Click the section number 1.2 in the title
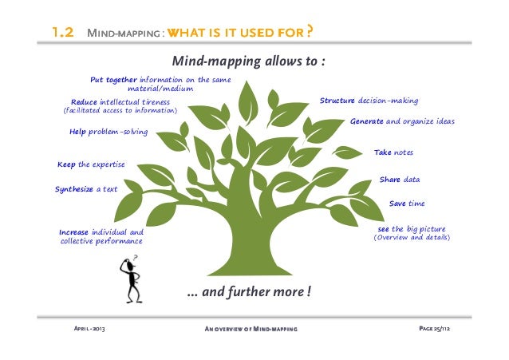click(x=63, y=34)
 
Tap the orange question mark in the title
click(x=308, y=32)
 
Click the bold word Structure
click(x=337, y=101)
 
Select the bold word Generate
click(x=367, y=121)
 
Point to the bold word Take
click(x=382, y=152)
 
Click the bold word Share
click(x=390, y=179)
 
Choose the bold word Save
click(x=397, y=204)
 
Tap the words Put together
click(x=113, y=80)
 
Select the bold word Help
click(x=77, y=132)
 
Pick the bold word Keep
click(x=66, y=164)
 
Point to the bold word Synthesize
click(x=74, y=189)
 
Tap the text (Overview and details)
click(x=412, y=238)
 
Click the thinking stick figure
click(x=130, y=279)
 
